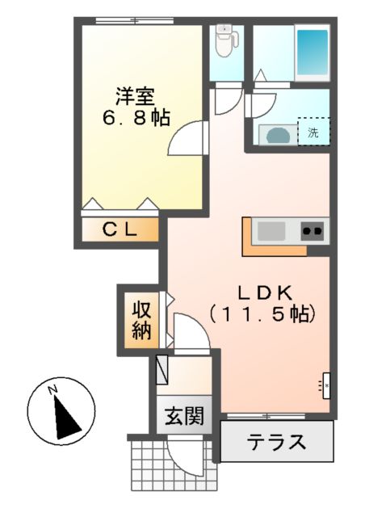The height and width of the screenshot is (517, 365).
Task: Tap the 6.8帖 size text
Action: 136,117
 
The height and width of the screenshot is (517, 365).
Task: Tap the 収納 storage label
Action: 142,320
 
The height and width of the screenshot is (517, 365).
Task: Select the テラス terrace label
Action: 276,442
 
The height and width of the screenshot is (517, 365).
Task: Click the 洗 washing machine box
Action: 313,132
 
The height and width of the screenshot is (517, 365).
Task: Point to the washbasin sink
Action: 277,132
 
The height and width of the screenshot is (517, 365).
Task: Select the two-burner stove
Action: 313,231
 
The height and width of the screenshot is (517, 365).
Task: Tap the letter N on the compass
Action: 52,391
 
